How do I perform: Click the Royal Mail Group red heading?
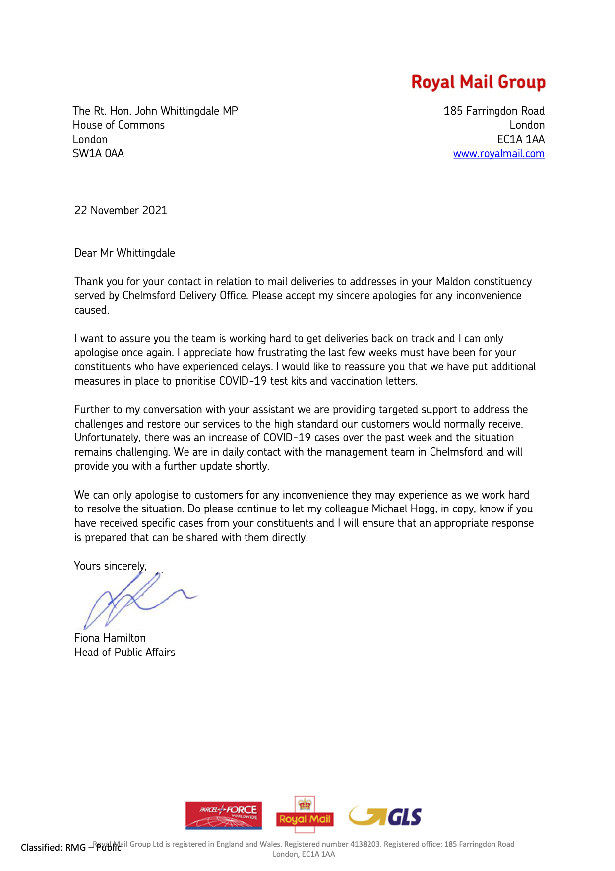point(478,82)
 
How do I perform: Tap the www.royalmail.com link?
point(498,154)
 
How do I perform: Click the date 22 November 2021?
point(121,210)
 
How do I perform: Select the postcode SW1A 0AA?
point(98,153)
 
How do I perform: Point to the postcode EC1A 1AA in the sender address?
point(521,140)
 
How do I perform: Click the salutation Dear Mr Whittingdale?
point(124,253)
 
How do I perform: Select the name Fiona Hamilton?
point(110,638)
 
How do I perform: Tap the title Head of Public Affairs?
point(124,653)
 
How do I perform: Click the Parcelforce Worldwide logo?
point(224,815)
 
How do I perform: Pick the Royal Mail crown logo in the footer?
point(305,814)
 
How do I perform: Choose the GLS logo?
point(385,816)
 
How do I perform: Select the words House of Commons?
point(119,125)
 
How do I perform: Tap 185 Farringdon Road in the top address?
point(494,111)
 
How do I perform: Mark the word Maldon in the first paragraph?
point(453,282)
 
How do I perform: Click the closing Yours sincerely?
point(110,566)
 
